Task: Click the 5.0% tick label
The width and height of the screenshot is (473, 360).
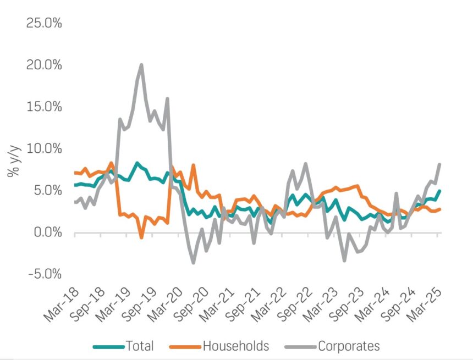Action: click(46, 190)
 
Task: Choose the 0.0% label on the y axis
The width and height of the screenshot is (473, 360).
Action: click(46, 232)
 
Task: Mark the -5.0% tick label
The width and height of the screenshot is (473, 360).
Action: click(45, 274)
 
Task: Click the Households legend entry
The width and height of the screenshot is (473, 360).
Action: click(236, 346)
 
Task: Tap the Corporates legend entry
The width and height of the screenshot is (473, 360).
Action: click(348, 346)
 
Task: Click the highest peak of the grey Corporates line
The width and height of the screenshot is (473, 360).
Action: click(141, 65)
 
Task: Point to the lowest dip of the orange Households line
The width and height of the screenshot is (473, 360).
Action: click(141, 237)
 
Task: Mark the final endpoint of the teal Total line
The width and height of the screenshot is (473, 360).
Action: click(439, 191)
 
